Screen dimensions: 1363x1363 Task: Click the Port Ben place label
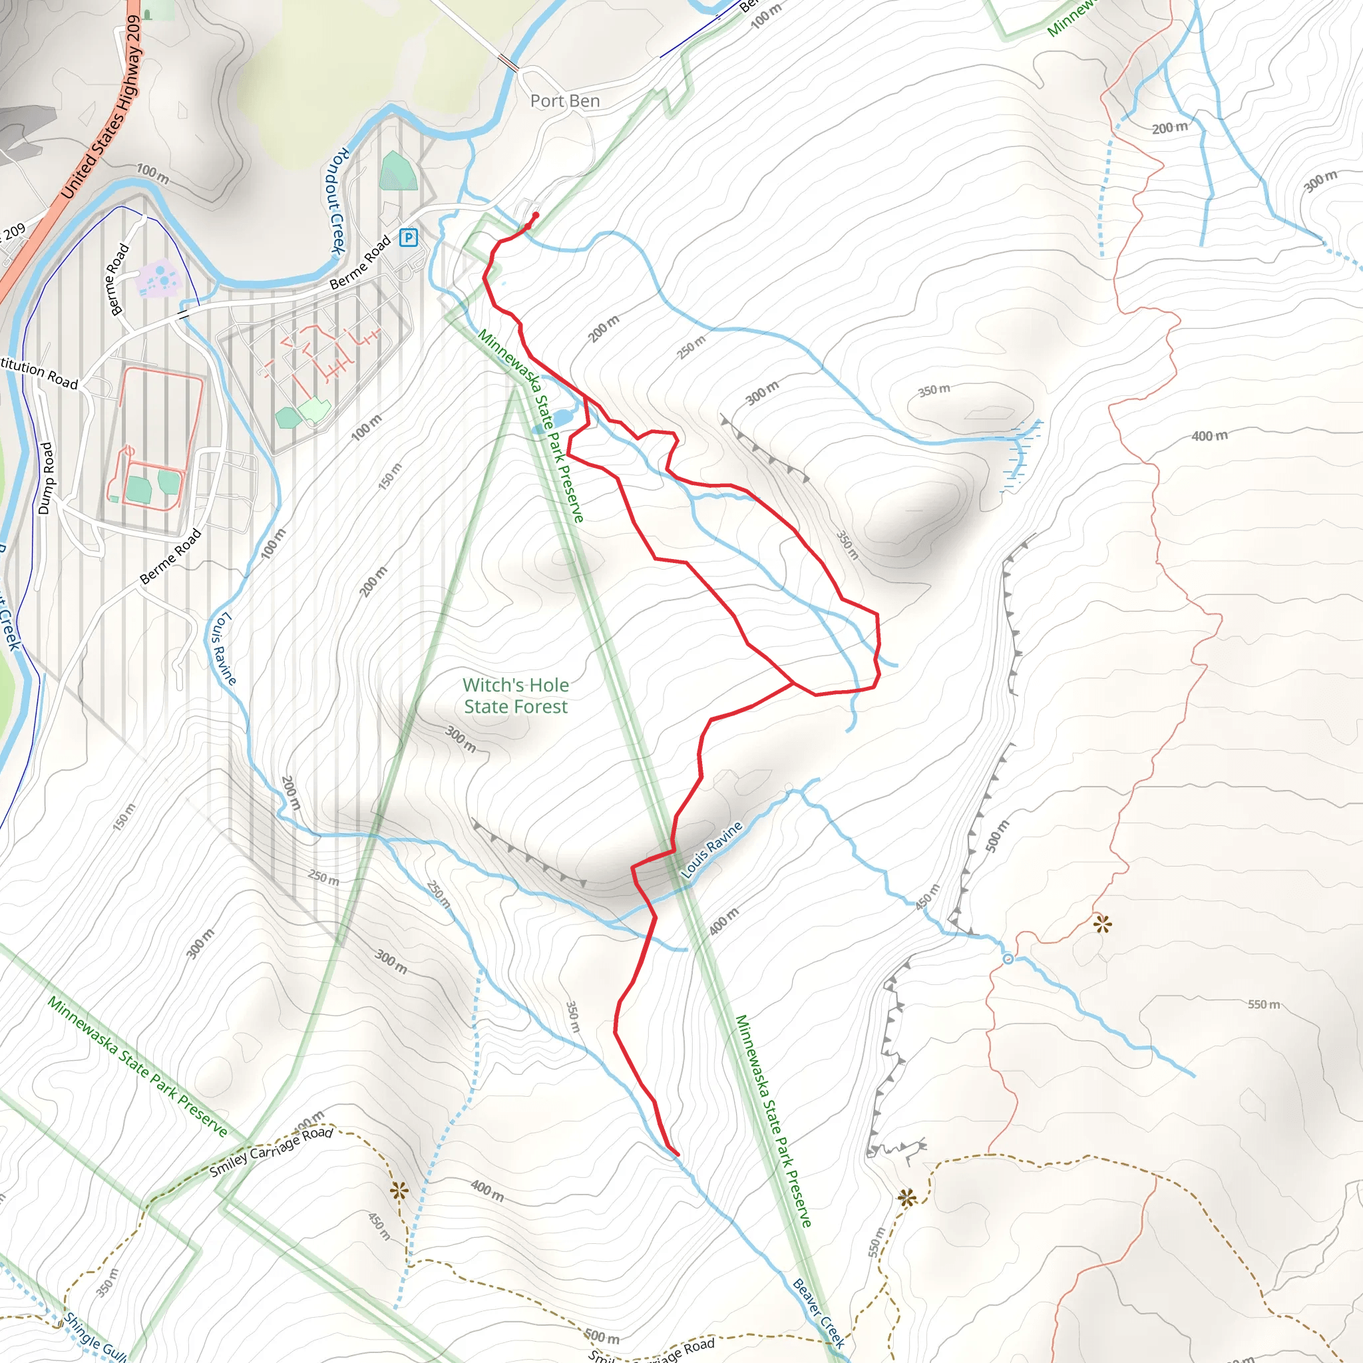pyautogui.click(x=564, y=101)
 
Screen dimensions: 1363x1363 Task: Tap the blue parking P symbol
pyautogui.click(x=408, y=238)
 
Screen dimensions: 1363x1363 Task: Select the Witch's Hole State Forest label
pyautogui.click(x=516, y=695)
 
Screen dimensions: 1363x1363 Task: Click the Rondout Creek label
pyautogui.click(x=338, y=201)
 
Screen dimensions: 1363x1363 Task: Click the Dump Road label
pyautogui.click(x=45, y=479)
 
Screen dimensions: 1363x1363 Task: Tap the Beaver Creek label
pyautogui.click(x=819, y=1313)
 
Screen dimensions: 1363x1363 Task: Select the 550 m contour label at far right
pyautogui.click(x=1264, y=1004)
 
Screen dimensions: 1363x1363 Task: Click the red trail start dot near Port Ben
pyautogui.click(x=536, y=215)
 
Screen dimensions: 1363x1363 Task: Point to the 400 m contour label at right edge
pyautogui.click(x=1209, y=436)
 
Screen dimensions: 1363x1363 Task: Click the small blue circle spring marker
pyautogui.click(x=1008, y=958)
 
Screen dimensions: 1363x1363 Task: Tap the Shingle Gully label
pyautogui.click(x=95, y=1336)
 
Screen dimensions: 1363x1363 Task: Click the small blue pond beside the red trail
pyautogui.click(x=562, y=419)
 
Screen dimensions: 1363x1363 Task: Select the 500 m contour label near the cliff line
pyautogui.click(x=997, y=836)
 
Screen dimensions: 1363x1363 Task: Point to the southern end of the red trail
pyautogui.click(x=678, y=1155)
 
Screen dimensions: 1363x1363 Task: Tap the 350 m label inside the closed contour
pyautogui.click(x=934, y=390)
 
